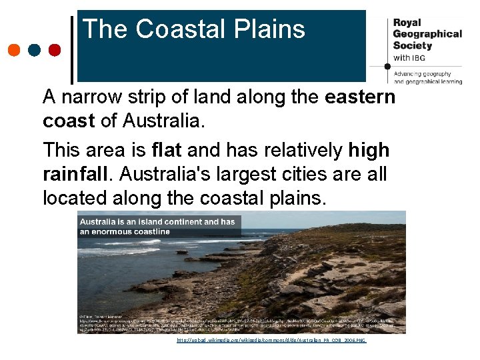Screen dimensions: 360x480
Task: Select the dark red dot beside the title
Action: point(55,50)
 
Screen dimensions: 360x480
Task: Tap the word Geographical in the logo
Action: point(427,34)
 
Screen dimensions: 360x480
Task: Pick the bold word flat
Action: point(166,150)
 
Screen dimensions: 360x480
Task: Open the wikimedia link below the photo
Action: point(271,340)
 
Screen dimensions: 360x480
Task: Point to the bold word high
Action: point(369,150)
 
